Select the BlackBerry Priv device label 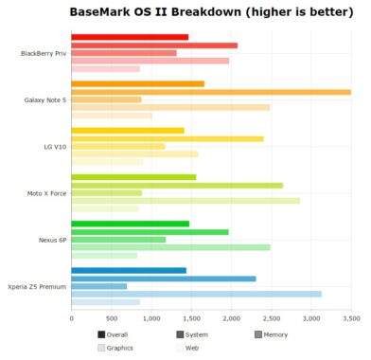(44, 53)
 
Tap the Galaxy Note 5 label (44, 99)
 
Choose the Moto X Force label (46, 192)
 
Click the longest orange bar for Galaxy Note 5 (210, 92)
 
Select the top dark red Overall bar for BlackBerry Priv (130, 37)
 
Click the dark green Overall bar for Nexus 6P (130, 224)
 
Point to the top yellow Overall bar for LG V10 (128, 131)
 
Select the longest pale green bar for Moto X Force (185, 201)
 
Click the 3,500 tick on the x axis (351, 318)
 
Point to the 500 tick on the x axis (112, 318)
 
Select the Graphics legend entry (115, 348)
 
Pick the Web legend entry (187, 348)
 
